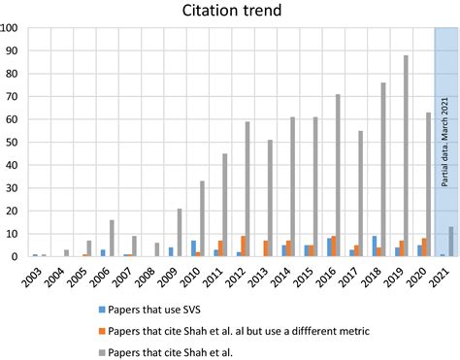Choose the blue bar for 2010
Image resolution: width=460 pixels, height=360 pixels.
[194, 248]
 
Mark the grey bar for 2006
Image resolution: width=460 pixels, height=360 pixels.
[112, 239]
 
